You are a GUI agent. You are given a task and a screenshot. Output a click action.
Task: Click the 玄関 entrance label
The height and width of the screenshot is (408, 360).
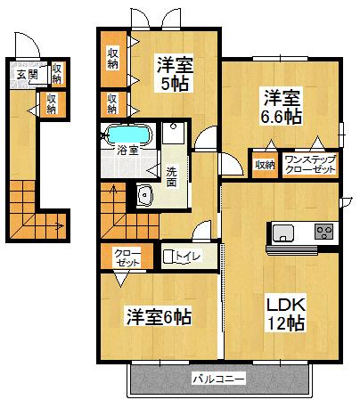(27, 75)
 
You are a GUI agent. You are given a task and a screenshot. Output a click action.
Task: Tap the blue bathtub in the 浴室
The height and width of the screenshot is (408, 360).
(128, 135)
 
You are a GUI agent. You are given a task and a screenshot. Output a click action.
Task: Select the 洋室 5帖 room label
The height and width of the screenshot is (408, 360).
(175, 73)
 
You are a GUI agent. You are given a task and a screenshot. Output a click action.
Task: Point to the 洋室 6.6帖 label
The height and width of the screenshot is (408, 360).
(282, 106)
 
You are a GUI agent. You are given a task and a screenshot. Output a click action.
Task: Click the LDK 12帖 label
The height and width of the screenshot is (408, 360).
(286, 314)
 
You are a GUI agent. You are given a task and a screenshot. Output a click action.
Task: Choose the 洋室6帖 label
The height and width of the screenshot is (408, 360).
(160, 317)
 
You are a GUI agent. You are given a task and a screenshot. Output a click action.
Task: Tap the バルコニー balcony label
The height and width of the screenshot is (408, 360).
(219, 379)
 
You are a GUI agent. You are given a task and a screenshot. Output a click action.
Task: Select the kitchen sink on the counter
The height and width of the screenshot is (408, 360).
(283, 233)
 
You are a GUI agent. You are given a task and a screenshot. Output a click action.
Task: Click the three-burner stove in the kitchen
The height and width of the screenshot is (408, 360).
(324, 232)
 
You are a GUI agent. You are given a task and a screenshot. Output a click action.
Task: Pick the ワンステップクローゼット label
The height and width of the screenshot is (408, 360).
(310, 165)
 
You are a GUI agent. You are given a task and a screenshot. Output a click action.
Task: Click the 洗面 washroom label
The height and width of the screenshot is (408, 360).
(171, 177)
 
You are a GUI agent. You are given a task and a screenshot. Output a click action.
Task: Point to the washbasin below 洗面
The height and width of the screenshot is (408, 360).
(145, 195)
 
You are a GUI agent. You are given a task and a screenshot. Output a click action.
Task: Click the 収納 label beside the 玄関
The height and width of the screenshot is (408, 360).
(57, 74)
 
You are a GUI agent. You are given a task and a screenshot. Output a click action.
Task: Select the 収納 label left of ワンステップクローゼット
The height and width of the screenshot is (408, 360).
(265, 165)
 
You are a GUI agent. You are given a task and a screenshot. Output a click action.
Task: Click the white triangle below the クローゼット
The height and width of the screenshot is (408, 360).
(120, 280)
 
